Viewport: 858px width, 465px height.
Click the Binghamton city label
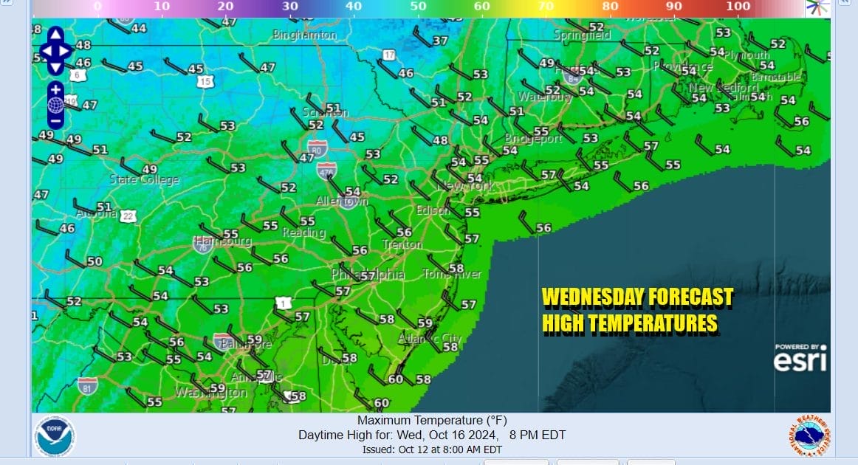coord(304,35)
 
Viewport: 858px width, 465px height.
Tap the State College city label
coord(144,180)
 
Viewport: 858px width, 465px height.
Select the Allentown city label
coord(342,201)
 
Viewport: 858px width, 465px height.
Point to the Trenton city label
coord(402,244)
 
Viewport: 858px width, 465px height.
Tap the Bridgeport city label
coord(533,139)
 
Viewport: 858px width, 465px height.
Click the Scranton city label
coord(325,113)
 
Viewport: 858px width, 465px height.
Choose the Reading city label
coord(304,232)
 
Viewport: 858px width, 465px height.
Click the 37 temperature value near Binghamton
coord(440,41)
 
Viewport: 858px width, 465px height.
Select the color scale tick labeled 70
coord(546,7)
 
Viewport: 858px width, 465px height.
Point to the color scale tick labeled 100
coord(738,7)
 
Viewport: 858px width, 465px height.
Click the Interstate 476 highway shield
coord(326,171)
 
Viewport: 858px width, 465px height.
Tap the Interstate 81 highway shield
coord(87,385)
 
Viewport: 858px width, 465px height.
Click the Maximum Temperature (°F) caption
coord(432,420)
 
